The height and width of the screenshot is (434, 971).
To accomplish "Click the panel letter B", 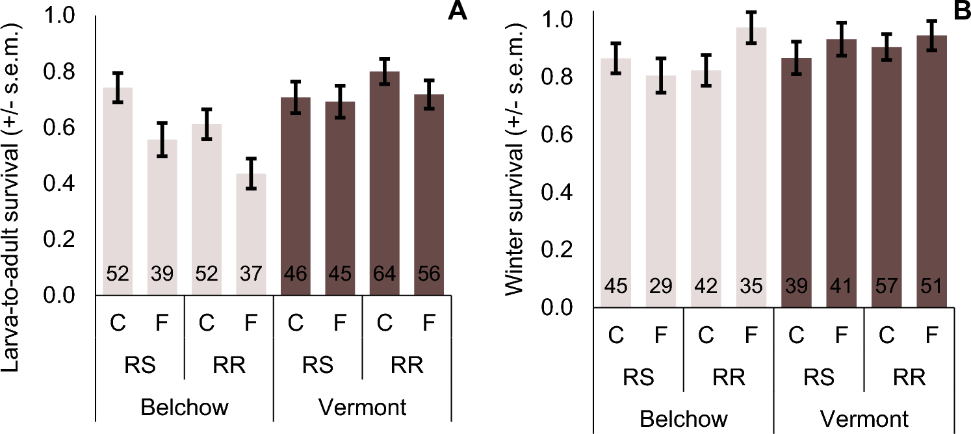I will click(x=960, y=11).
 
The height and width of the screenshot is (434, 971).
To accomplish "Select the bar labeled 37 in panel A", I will click(x=252, y=234).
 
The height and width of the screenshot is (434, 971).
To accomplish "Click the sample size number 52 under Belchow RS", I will click(x=118, y=274).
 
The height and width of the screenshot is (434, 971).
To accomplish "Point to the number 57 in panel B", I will click(x=886, y=286).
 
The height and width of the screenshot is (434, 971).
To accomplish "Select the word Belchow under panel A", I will click(x=185, y=407).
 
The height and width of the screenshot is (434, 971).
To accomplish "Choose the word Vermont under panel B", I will click(x=864, y=418).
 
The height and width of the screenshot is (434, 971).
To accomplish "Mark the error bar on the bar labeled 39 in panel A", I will click(x=162, y=140).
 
